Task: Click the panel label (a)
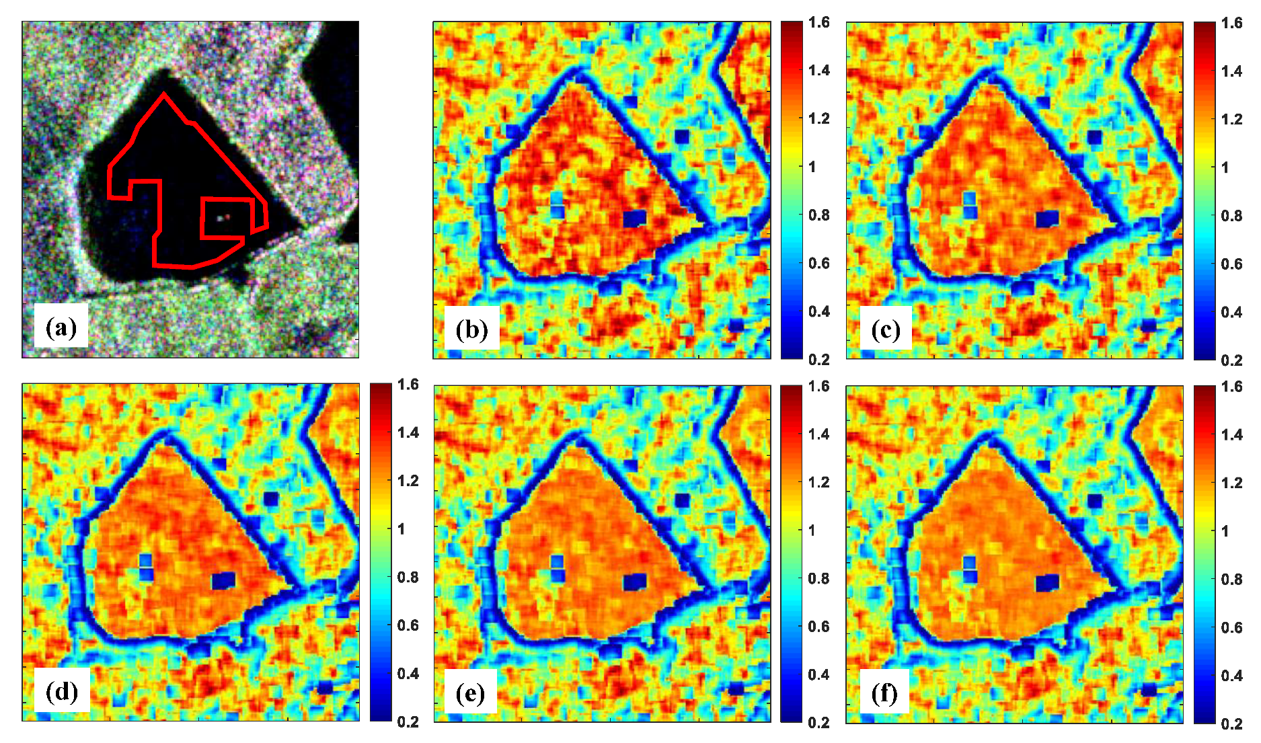[x=61, y=327]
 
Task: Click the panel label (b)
[x=471, y=329]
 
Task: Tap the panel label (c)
[x=885, y=329]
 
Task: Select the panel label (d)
[x=61, y=691]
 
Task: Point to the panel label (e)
[x=470, y=693]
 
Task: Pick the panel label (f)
[x=884, y=693]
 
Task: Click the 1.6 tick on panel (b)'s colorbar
[x=819, y=22]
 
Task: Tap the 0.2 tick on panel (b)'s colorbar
[x=819, y=360]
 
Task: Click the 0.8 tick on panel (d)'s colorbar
[x=408, y=578]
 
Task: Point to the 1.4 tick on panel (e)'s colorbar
[x=819, y=434]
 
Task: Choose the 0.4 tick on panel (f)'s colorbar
[x=1231, y=676]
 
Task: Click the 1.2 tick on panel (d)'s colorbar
[x=408, y=481]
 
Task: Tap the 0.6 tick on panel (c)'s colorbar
[x=1231, y=264]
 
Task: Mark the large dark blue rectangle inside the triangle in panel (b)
[x=634, y=219]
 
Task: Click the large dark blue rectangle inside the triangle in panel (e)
[x=634, y=582]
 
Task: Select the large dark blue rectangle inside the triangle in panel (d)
[x=223, y=580]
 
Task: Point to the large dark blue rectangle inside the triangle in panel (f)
[x=1047, y=582]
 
